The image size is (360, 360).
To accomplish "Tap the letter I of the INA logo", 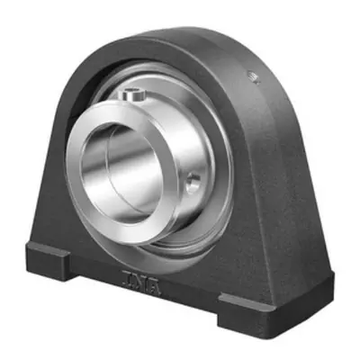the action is [126, 276].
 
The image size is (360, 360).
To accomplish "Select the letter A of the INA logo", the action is [155, 289].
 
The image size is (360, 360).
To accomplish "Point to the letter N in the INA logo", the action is [139, 283].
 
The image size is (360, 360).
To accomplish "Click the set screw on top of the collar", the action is [131, 94].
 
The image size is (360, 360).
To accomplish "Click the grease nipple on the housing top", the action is [254, 77].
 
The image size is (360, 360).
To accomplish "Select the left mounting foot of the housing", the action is [48, 260].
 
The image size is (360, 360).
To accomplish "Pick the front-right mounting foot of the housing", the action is [247, 313].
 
